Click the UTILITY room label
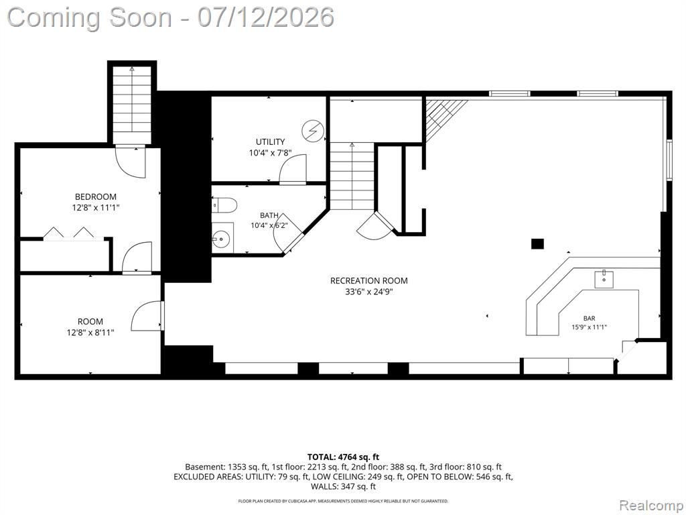point(270,142)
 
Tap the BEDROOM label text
point(95,197)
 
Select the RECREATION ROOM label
point(369,281)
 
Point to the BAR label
point(589,319)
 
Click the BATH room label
point(269,215)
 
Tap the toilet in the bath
point(224,205)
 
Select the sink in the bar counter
point(604,280)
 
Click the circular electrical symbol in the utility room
point(313,131)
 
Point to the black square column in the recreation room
point(537,243)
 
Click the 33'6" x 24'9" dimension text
point(369,292)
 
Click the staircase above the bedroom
point(132,104)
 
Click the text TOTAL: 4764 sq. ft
point(343,457)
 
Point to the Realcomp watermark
point(650,505)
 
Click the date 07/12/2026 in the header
point(265,17)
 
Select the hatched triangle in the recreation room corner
point(442,118)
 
